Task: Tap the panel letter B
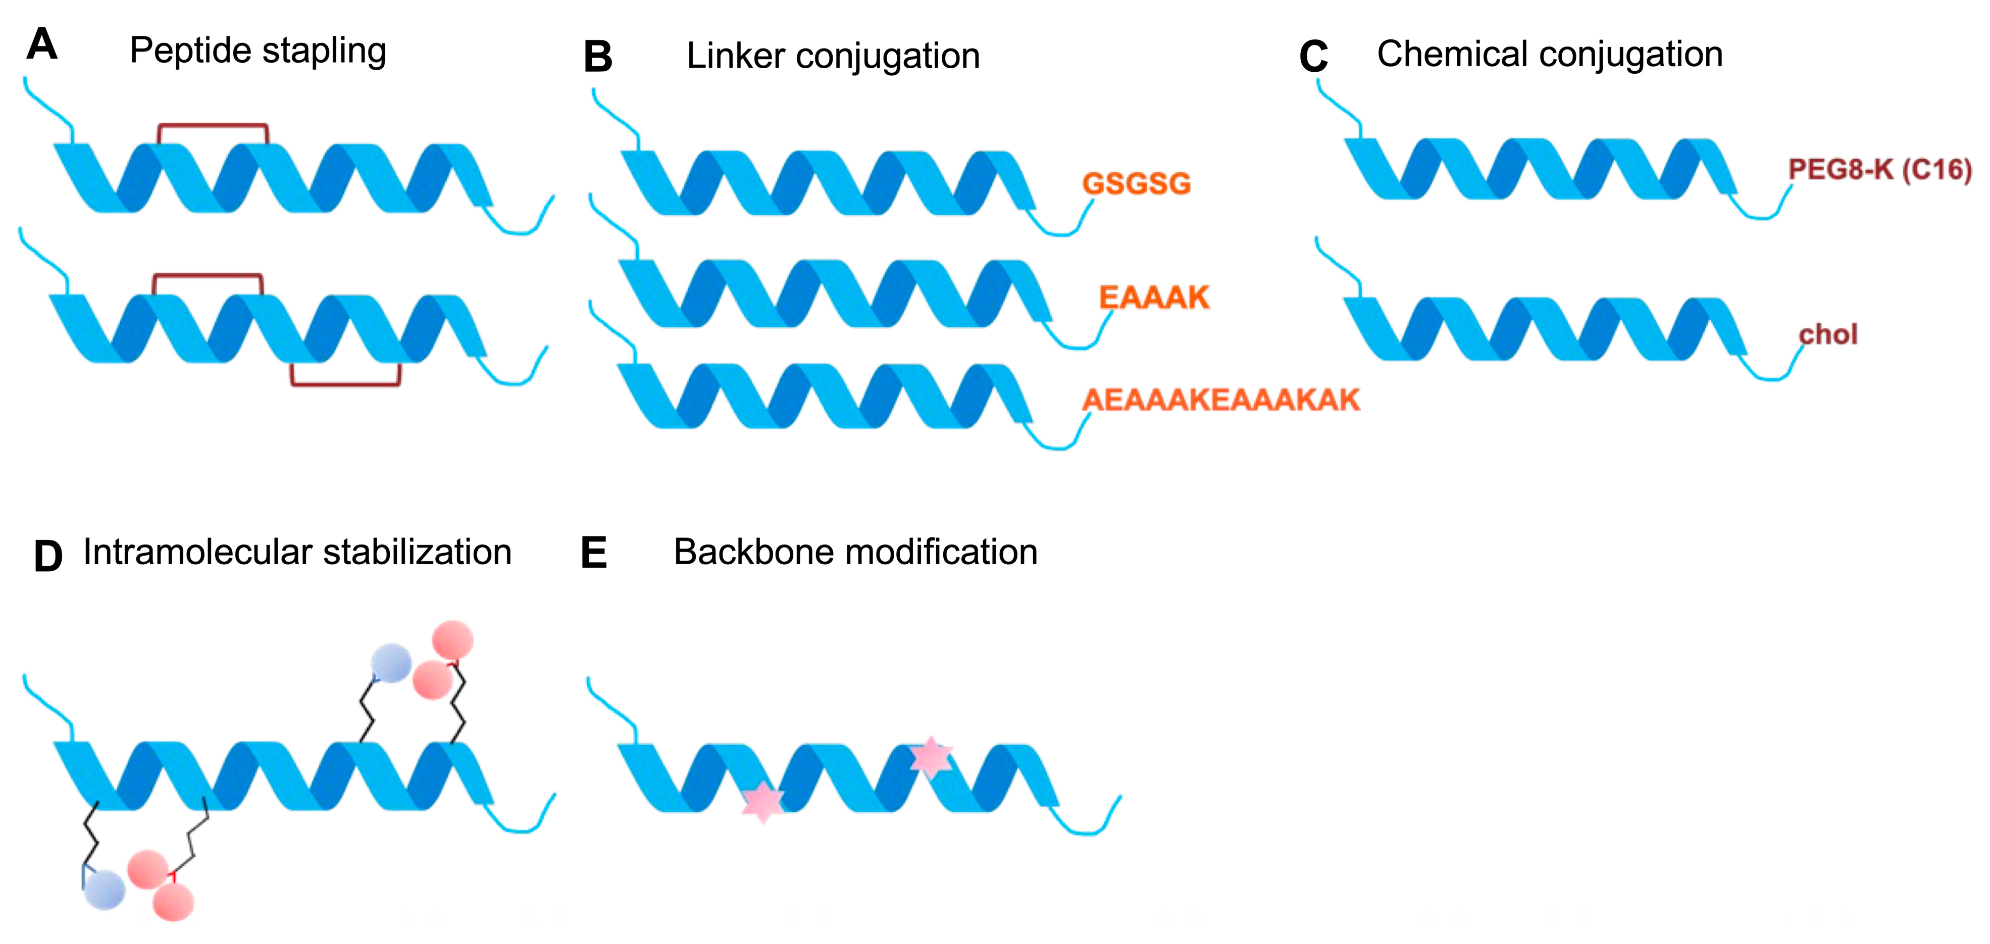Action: (597, 57)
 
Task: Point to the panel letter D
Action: (48, 556)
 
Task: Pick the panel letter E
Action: (593, 553)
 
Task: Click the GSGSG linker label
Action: (1136, 184)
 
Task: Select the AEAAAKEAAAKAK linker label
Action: (1220, 400)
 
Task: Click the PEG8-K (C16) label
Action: (1879, 169)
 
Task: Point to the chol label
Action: (1828, 334)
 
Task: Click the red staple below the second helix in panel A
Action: (345, 383)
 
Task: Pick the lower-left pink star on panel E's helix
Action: (762, 801)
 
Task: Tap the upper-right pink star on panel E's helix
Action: (931, 757)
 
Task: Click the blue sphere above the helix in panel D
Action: (391, 663)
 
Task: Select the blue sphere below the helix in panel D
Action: (105, 889)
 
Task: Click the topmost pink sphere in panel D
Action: (453, 639)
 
